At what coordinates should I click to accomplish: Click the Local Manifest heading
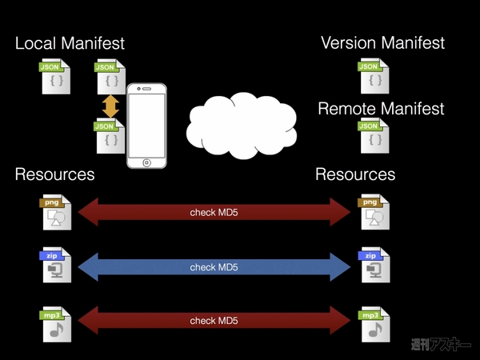[x=70, y=42]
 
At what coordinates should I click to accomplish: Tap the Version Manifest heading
[x=382, y=42]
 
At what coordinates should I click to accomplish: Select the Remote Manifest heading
[x=381, y=109]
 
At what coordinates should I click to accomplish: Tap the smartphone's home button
[x=147, y=162]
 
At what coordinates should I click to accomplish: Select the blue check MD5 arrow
[x=214, y=266]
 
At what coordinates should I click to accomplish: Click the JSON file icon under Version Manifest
[x=373, y=76]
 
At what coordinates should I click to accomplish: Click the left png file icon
[x=57, y=213]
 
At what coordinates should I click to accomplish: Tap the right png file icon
[x=373, y=213]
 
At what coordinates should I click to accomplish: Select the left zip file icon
[x=57, y=266]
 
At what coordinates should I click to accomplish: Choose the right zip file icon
[x=373, y=266]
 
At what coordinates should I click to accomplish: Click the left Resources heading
[x=54, y=174]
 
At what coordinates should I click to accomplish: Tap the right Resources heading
[x=355, y=174]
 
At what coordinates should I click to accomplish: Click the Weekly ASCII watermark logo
[x=441, y=345]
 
